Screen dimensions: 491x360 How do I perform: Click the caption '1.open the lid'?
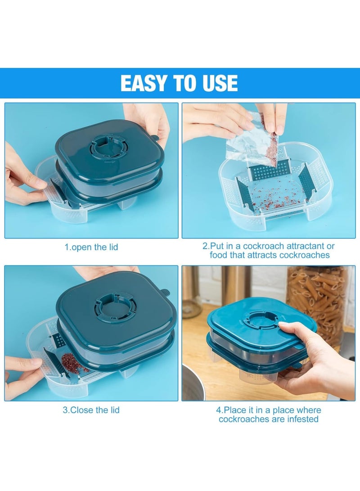(91, 247)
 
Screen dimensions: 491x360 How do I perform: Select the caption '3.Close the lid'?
(91, 410)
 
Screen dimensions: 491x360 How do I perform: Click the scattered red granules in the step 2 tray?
(270, 198)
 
